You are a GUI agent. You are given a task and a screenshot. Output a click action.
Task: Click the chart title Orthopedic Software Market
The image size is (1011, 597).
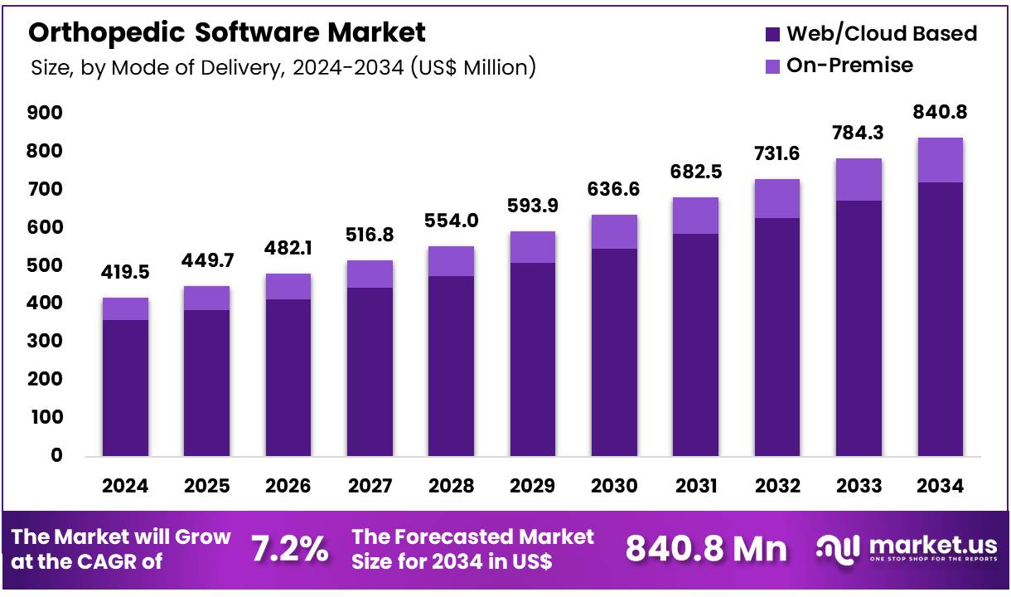[x=227, y=32]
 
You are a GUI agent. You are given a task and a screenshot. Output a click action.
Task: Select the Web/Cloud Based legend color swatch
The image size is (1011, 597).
[x=772, y=34]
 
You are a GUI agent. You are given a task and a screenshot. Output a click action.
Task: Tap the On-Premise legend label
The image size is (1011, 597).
[x=849, y=65]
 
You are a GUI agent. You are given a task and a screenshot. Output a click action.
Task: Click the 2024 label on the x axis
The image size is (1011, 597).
[x=125, y=486]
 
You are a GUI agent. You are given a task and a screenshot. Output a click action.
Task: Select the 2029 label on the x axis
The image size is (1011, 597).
[x=533, y=486]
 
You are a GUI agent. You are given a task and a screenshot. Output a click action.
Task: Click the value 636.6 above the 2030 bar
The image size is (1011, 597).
[x=614, y=190]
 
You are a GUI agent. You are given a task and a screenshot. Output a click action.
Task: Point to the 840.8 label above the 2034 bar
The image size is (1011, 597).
[x=941, y=112]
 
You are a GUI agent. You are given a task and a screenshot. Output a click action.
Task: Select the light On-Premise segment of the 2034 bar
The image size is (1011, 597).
[x=940, y=160]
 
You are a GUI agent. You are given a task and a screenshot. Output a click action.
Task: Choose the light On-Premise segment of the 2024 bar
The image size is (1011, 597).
[x=125, y=308]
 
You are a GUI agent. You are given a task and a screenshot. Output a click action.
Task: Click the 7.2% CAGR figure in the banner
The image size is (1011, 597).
[x=289, y=548]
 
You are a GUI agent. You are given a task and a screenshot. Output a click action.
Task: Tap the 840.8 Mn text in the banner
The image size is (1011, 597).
[x=706, y=548]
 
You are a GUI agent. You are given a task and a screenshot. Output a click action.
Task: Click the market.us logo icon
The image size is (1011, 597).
[x=836, y=548]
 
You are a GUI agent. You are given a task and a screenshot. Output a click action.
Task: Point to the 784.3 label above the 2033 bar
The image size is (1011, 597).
[x=859, y=133]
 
